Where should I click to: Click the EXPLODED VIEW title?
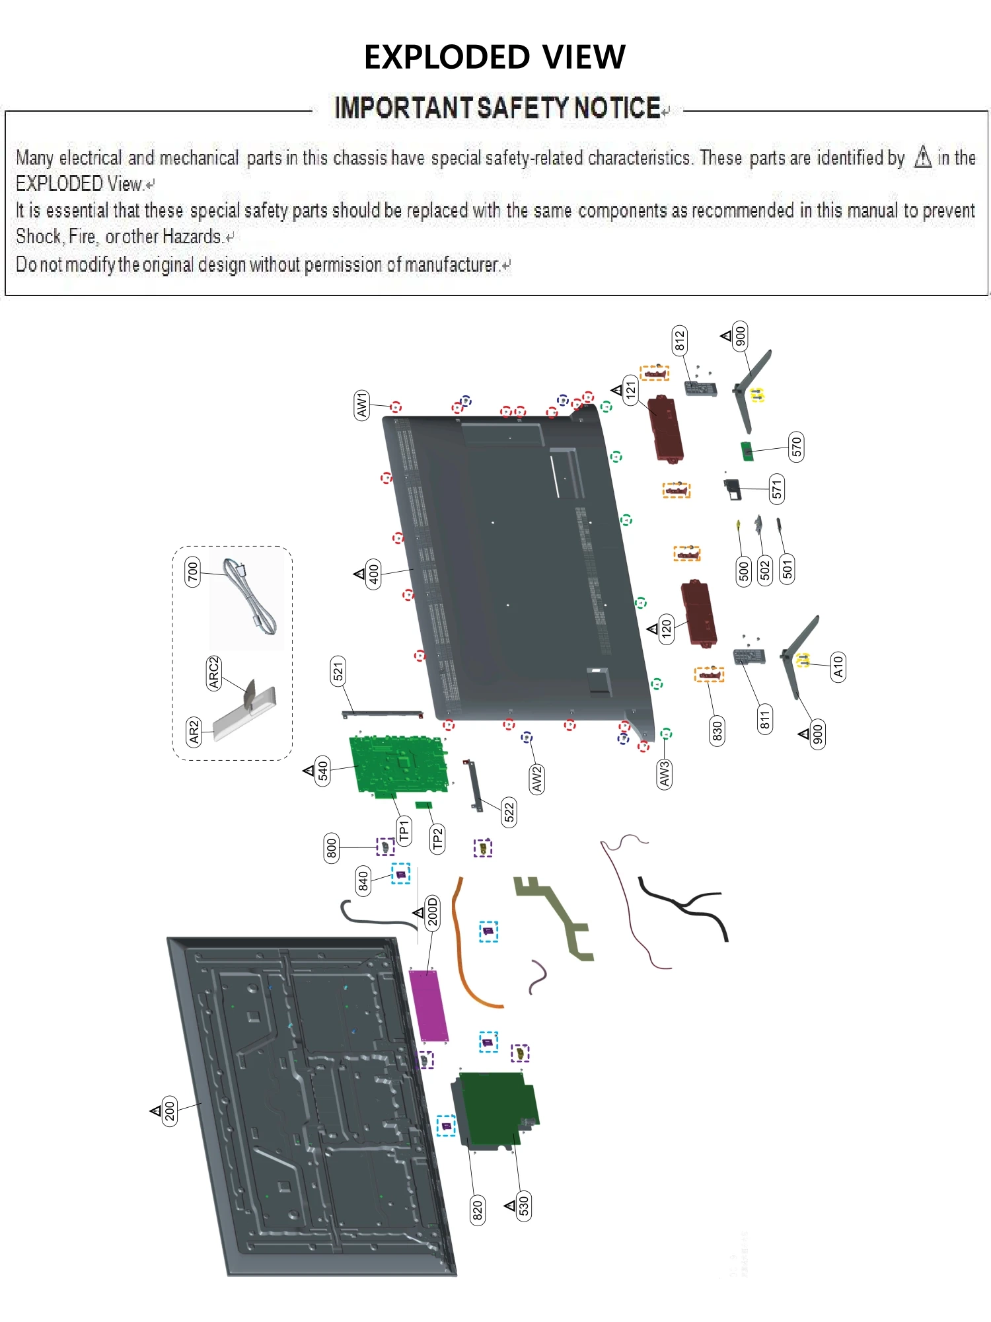point(494,57)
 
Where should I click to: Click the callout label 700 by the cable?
point(192,571)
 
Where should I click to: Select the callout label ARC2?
point(213,673)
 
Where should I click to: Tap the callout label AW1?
point(361,405)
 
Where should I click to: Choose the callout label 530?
point(523,1206)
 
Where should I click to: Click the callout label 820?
point(477,1210)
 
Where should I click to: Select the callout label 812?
point(679,340)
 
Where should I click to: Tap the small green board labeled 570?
point(747,451)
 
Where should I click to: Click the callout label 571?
point(777,489)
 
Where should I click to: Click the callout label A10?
point(838,668)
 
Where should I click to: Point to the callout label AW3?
point(664,773)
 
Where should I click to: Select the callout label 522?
point(509,812)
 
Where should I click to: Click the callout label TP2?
point(437,839)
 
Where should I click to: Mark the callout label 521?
point(338,672)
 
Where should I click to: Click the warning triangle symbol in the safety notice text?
point(923,157)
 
